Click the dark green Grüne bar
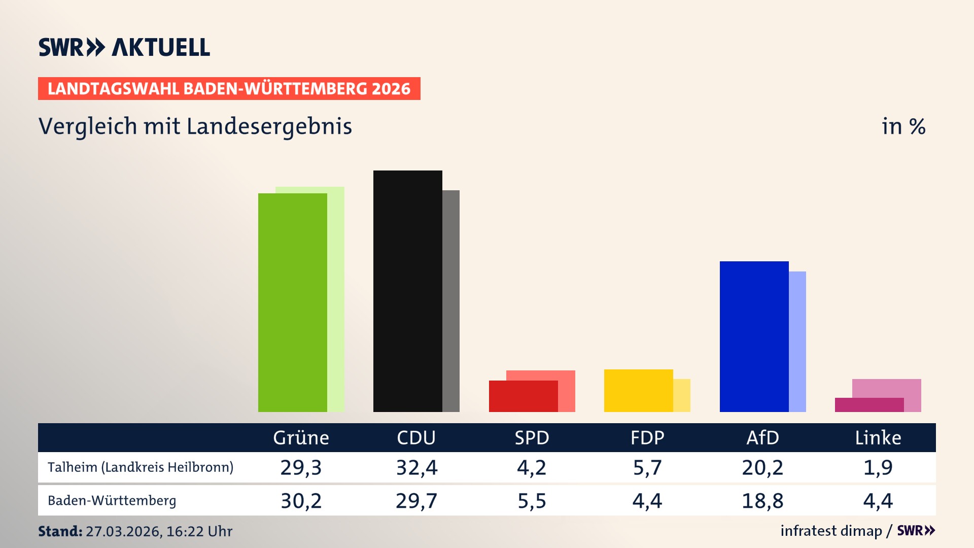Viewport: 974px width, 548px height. (292, 302)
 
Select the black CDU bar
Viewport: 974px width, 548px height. (407, 291)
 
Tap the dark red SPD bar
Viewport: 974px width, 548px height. (523, 396)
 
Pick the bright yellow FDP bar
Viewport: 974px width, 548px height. (638, 391)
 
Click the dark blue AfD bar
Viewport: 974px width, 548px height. (754, 336)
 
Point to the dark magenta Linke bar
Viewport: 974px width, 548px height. (868, 405)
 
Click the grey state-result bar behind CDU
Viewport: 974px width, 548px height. (451, 301)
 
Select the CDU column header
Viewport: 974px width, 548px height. (416, 438)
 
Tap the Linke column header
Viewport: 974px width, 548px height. (878, 438)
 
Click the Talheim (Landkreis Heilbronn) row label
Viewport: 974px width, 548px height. (141, 467)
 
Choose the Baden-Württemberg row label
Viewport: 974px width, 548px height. (112, 501)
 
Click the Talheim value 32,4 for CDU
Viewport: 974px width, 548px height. (416, 467)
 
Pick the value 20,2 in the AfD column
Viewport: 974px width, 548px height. (762, 467)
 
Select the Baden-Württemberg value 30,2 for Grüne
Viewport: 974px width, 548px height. (301, 501)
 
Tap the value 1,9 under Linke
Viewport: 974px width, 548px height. (878, 467)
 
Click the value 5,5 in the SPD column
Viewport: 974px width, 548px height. (532, 501)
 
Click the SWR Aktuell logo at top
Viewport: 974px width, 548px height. (124, 47)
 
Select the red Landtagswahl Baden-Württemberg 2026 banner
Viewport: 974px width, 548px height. (229, 89)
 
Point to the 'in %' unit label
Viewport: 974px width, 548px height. (903, 126)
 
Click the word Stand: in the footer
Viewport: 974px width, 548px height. (60, 531)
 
